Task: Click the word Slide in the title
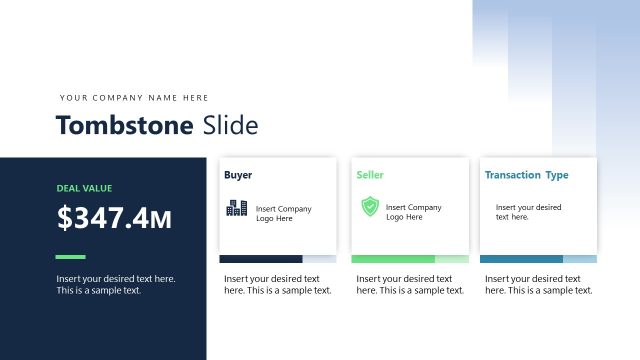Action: tap(230, 125)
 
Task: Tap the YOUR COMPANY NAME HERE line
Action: tap(134, 98)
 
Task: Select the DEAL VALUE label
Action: tap(85, 187)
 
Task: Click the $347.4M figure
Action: tap(115, 218)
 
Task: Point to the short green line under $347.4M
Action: tap(71, 256)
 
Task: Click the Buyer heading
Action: tap(238, 175)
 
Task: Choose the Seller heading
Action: tap(370, 175)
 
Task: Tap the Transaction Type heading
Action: tap(527, 175)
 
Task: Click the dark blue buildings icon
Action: tap(237, 208)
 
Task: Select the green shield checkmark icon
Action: tap(370, 207)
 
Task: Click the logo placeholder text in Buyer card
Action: tap(284, 213)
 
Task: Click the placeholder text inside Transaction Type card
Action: tap(528, 212)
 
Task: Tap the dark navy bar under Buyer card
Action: tap(260, 259)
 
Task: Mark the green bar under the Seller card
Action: tap(393, 259)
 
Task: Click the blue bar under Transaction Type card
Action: tap(522, 259)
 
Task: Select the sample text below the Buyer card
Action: tap(277, 284)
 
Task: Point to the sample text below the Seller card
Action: tap(410, 284)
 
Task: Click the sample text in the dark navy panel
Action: tap(116, 284)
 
